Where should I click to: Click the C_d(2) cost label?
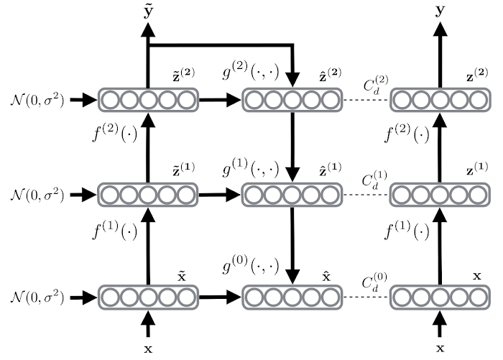[376, 86]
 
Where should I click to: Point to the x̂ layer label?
[327, 277]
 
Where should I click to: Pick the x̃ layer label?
[182, 277]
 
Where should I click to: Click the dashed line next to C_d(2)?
[366, 100]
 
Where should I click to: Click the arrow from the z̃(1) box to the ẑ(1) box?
[220, 194]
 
